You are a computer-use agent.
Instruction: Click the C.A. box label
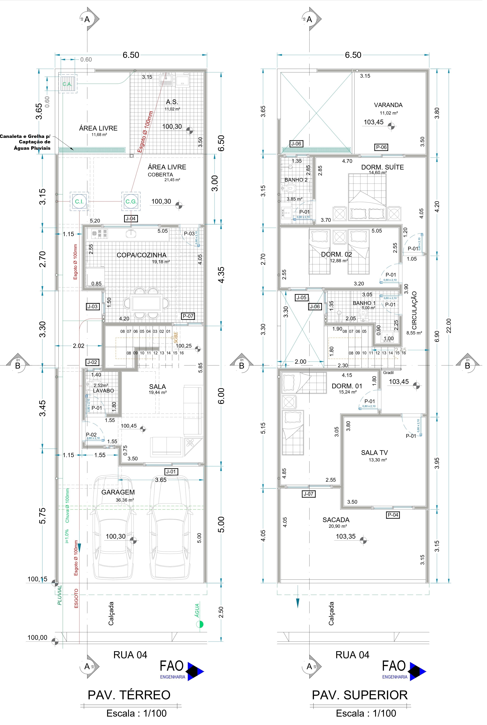coord(67,84)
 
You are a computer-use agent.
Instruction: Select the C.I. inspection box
coord(79,202)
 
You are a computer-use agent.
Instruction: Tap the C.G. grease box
coord(131,202)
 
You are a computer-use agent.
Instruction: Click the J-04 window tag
coord(130,219)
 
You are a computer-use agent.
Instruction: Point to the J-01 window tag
coord(171,472)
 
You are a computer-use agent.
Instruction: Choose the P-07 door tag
coord(188,316)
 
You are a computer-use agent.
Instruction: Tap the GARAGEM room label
coord(118,492)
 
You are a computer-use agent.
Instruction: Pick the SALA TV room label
coord(374,453)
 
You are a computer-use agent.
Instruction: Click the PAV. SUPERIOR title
coord(360,695)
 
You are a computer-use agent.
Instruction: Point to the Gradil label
coord(388,373)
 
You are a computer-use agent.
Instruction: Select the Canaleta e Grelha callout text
coord(25,142)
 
